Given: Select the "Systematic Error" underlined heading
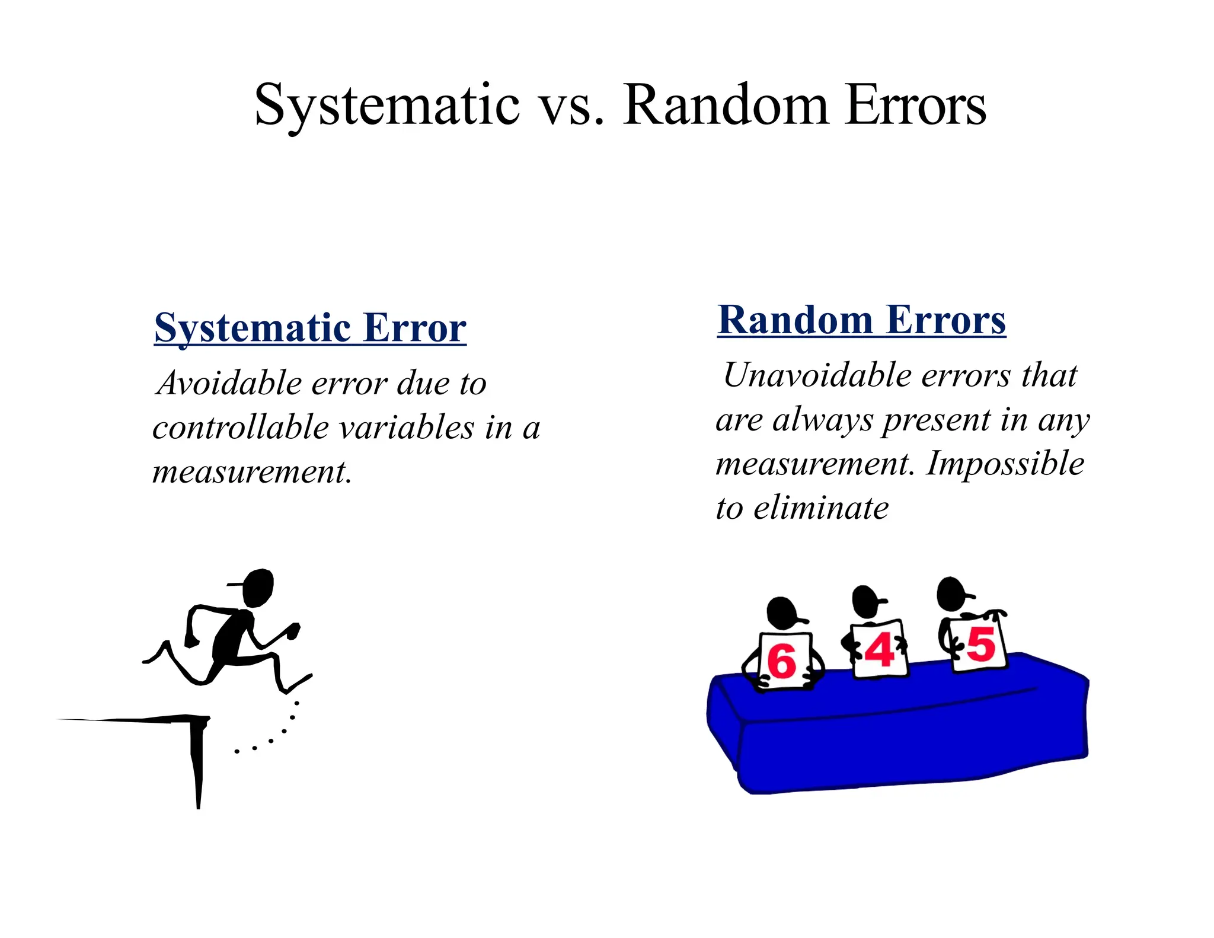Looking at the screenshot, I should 310,328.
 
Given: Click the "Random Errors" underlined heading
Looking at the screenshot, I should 861,321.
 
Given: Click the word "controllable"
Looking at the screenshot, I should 240,428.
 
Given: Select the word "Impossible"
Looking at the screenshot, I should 1005,463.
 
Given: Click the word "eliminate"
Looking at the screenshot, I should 821,508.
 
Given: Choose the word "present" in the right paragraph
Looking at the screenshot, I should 936,420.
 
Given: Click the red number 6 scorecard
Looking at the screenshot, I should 783,661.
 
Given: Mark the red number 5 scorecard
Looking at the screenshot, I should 979,645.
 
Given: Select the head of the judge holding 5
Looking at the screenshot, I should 951,593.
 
